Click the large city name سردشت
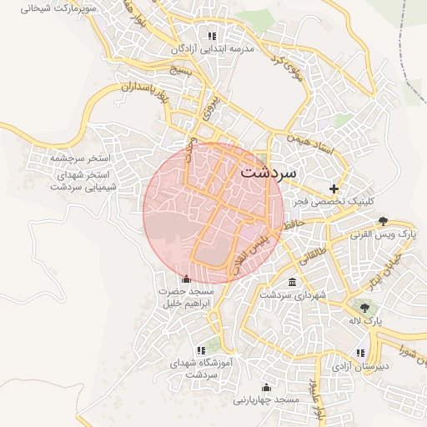(274, 173)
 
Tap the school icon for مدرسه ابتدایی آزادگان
(212, 36)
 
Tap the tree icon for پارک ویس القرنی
(383, 221)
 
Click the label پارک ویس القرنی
(384, 235)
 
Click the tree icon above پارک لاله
(363, 307)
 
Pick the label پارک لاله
(364, 320)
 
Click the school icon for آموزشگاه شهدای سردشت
(200, 350)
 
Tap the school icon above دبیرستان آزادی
(360, 353)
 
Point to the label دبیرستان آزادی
(360, 367)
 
